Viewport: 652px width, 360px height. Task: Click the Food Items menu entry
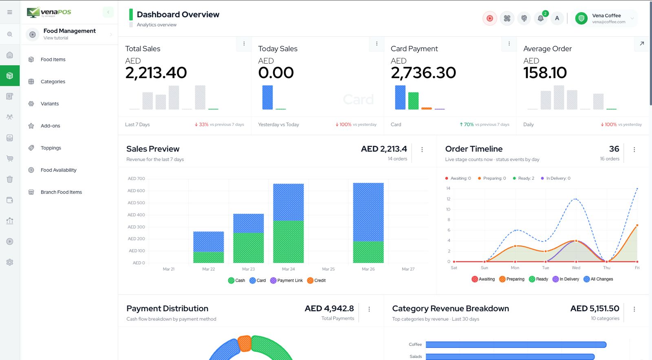(x=53, y=59)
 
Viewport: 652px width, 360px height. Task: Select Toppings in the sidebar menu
(x=51, y=148)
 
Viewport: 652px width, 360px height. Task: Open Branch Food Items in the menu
(x=61, y=192)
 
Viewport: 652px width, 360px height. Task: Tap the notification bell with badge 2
(x=540, y=18)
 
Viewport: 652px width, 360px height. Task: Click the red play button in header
(x=490, y=18)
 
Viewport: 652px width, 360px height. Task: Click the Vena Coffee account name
(x=606, y=15)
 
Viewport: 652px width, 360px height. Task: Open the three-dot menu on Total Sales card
(x=244, y=44)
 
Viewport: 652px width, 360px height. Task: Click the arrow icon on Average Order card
(x=642, y=44)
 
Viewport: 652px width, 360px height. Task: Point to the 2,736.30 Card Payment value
(x=423, y=73)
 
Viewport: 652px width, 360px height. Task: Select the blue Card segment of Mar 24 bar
(x=288, y=202)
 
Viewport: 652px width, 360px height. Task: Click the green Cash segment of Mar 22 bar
(x=208, y=257)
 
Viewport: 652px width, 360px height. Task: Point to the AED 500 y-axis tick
(x=136, y=203)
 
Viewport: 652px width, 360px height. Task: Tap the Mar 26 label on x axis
(x=368, y=269)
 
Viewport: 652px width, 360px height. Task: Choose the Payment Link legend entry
(x=286, y=281)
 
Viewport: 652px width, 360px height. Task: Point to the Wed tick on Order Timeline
(x=576, y=268)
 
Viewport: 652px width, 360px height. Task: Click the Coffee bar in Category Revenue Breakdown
(x=515, y=345)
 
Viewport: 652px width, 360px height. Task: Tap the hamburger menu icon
(x=10, y=12)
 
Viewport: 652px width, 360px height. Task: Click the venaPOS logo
(x=49, y=12)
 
